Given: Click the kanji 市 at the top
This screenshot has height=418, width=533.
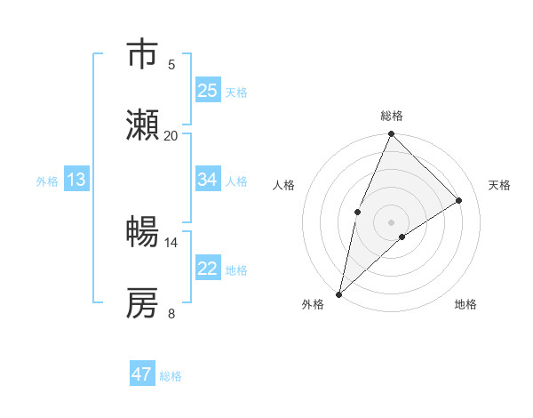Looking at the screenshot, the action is [x=143, y=54].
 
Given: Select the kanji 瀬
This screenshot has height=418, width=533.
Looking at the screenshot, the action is [x=143, y=126].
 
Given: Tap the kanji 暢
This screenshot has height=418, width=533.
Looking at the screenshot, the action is [x=143, y=232].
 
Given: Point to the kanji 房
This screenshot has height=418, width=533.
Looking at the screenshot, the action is [x=143, y=303].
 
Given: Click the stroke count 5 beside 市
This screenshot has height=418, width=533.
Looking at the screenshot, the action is [x=171, y=64].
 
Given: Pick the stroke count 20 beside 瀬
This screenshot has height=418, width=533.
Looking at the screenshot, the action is [x=171, y=135].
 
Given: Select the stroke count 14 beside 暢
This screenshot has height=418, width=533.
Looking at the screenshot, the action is [x=171, y=242].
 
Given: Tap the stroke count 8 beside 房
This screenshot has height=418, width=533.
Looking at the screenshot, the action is [x=171, y=313].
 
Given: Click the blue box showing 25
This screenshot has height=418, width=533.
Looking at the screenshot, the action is [x=208, y=91].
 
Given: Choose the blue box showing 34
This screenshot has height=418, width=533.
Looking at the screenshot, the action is [x=208, y=180].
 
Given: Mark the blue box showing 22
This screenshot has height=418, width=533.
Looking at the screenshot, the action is [x=208, y=269].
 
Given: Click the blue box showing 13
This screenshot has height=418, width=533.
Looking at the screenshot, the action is [x=76, y=180].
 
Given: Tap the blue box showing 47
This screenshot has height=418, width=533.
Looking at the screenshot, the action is [x=142, y=374].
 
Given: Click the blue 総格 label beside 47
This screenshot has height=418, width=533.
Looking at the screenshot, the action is [x=171, y=376].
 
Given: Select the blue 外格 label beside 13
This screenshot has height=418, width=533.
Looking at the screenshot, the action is [x=47, y=181].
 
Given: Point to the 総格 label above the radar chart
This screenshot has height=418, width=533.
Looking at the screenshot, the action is [x=392, y=116].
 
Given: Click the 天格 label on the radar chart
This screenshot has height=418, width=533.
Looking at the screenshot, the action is [x=500, y=185].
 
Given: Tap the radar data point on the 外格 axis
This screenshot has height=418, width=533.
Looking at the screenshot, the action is [x=338, y=294].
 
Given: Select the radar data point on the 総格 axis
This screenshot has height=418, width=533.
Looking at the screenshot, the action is [x=392, y=134].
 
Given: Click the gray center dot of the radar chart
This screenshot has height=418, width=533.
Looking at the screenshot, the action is [x=392, y=221].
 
